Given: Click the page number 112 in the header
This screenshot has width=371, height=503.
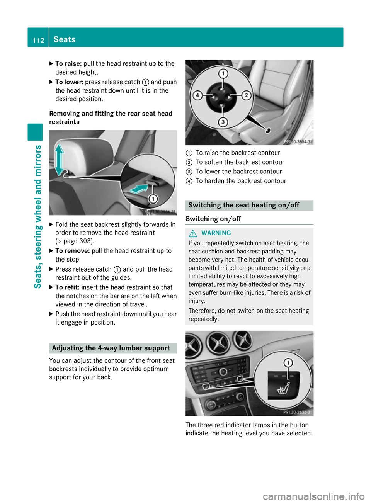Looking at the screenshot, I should [x=38, y=40].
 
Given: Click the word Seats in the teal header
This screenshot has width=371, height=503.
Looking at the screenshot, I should [x=65, y=39].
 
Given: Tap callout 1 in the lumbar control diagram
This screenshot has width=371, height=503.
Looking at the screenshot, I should [x=223, y=73].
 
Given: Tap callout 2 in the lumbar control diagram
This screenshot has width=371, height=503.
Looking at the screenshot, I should [x=246, y=95].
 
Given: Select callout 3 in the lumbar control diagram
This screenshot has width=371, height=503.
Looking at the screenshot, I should [x=223, y=122].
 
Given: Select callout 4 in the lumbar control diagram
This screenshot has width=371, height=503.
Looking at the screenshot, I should [x=197, y=95].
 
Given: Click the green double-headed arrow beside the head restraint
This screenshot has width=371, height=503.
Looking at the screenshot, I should [x=59, y=160].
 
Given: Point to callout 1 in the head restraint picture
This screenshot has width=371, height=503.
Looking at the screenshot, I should [x=153, y=199].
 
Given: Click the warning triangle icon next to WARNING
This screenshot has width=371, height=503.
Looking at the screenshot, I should [x=193, y=233].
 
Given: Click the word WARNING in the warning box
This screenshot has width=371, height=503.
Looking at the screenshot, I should [x=216, y=233].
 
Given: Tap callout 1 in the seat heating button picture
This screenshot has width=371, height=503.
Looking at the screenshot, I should [x=288, y=362].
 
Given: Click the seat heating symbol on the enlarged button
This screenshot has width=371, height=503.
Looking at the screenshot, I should [x=283, y=388].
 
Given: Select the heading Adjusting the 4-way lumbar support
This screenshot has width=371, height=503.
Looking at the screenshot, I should [x=111, y=348].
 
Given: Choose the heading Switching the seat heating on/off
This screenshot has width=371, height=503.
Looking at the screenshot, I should [x=244, y=205].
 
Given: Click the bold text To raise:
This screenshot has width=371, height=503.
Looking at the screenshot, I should [x=68, y=64].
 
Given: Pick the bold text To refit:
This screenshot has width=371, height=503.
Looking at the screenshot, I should [x=68, y=287].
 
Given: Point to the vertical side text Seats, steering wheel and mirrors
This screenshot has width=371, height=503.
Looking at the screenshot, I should [x=38, y=216].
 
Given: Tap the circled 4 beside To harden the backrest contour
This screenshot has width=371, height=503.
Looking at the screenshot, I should [x=189, y=181].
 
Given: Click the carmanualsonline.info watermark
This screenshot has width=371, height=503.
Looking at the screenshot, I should [x=313, y=496].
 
